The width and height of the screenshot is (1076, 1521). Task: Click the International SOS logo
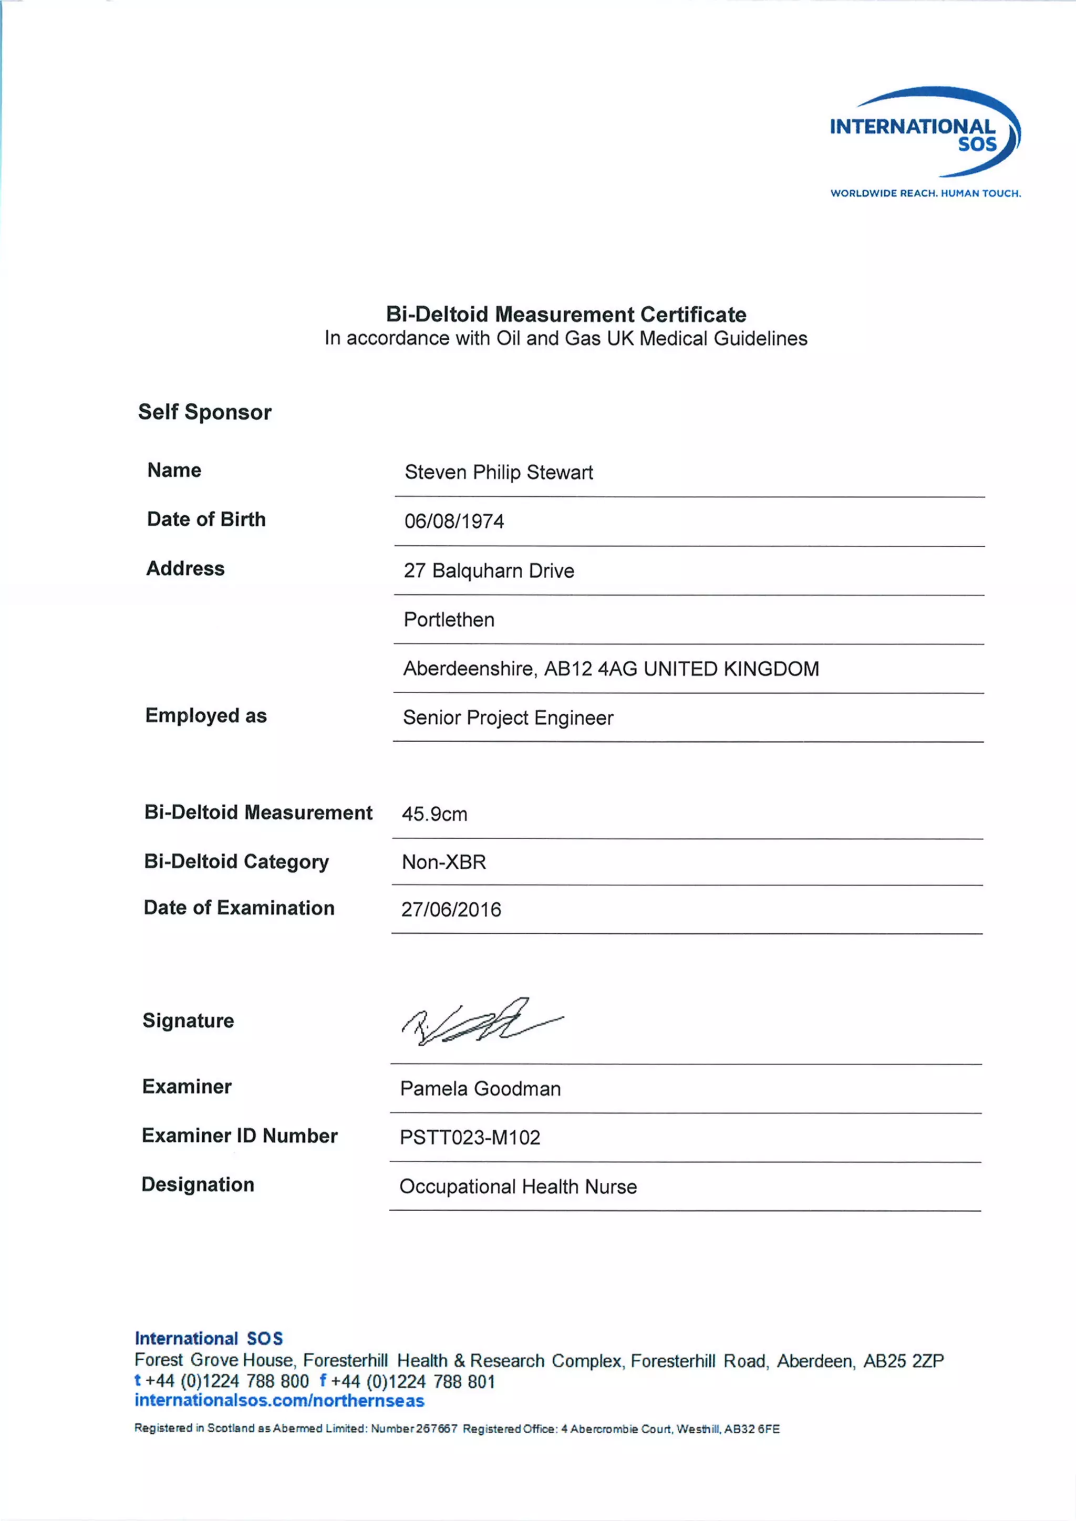[925, 132]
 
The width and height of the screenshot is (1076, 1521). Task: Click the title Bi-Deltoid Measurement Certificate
[566, 314]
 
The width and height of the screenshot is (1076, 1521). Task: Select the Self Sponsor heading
[205, 412]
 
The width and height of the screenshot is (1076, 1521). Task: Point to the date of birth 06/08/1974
[454, 522]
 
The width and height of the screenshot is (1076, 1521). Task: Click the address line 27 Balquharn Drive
[489, 570]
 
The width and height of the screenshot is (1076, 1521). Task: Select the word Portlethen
[449, 619]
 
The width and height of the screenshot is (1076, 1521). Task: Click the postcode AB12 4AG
[591, 669]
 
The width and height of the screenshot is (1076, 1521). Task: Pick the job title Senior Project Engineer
[508, 717]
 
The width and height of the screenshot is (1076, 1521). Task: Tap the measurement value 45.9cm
[434, 814]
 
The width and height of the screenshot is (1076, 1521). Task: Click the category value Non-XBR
[444, 862]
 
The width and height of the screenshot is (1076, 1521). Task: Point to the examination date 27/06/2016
[451, 910]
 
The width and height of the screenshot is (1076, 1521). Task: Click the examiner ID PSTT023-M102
[470, 1138]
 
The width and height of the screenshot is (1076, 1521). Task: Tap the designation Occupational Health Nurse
[518, 1186]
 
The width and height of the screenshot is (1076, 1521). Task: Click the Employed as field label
[206, 715]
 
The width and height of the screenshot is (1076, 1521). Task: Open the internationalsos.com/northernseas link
[279, 1400]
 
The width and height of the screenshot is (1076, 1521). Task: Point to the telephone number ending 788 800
[226, 1381]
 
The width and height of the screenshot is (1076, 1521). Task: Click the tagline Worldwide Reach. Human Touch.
[926, 193]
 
